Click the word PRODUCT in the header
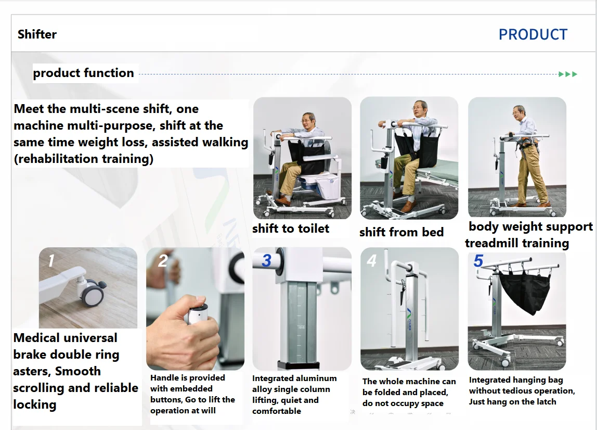click(x=533, y=34)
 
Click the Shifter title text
click(x=37, y=34)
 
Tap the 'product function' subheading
click(x=83, y=73)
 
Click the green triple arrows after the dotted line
click(x=568, y=74)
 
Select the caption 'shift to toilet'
click(x=291, y=229)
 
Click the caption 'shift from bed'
click(x=401, y=232)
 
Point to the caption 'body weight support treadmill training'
click(x=528, y=235)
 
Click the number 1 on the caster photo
click(x=51, y=260)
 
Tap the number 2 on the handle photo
click(x=163, y=260)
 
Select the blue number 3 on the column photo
click(x=266, y=260)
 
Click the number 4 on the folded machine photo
click(x=371, y=260)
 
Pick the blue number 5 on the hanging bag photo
click(x=478, y=260)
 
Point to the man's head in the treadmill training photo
click(x=518, y=111)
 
